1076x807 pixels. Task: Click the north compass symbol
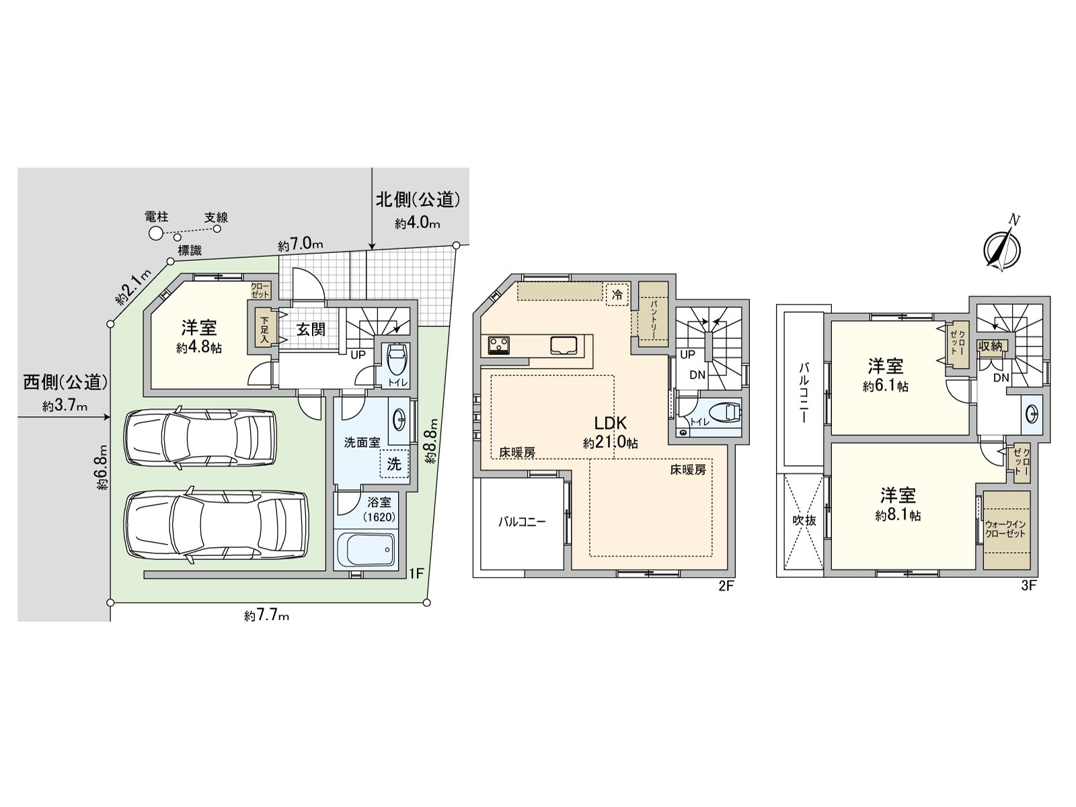(1001, 247)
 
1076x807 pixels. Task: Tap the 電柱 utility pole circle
(155, 233)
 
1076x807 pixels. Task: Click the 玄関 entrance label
(311, 330)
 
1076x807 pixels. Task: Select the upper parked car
(200, 437)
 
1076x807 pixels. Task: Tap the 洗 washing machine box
(394, 464)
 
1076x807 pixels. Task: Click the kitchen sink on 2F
(564, 345)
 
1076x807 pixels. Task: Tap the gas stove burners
(500, 345)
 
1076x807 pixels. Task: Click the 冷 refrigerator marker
(617, 294)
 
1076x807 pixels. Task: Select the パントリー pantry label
(653, 314)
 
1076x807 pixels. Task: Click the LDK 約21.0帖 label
(610, 432)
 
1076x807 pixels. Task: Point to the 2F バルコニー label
(521, 521)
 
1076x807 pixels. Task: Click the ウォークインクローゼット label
(1005, 529)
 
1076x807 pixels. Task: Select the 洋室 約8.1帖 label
(898, 504)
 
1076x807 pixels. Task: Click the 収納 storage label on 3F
(990, 346)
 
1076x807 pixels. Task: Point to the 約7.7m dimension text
(267, 615)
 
